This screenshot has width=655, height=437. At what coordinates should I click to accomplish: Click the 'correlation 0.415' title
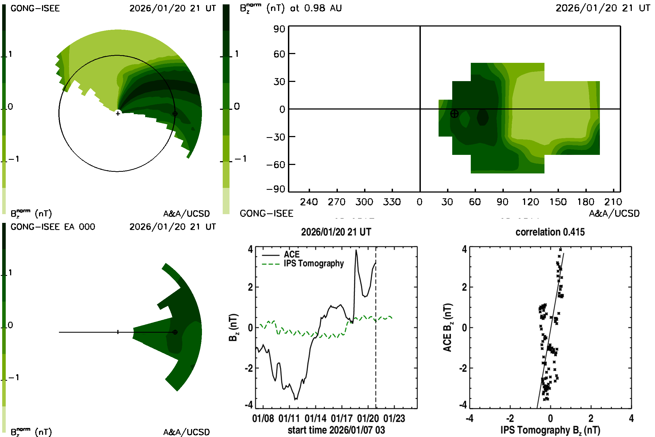[550, 232]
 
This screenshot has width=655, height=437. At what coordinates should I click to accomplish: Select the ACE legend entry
[291, 255]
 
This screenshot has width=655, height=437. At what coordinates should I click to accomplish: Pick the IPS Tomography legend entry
[314, 263]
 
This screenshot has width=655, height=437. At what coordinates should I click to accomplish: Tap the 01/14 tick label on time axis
[315, 418]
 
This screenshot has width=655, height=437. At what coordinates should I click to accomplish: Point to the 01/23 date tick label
[394, 418]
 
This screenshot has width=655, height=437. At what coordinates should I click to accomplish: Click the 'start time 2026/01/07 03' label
[336, 430]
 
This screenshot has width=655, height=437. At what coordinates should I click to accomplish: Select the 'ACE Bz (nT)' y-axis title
[448, 327]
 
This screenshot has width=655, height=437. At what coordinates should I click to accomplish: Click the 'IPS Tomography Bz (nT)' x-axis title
[550, 430]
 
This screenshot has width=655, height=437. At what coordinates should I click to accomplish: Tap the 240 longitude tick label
[309, 202]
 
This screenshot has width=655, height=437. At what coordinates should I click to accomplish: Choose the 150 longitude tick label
[558, 202]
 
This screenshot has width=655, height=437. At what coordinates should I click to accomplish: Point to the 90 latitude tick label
[279, 29]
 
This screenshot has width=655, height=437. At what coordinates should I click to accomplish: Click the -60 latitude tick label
[276, 165]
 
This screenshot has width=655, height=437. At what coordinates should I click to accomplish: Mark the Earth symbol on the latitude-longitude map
[454, 114]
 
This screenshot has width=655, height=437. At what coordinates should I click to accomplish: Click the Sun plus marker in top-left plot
[118, 113]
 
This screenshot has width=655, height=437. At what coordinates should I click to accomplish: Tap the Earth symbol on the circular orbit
[175, 114]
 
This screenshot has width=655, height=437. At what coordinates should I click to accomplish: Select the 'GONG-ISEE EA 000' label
[53, 227]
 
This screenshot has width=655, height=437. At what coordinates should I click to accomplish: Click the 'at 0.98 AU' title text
[316, 8]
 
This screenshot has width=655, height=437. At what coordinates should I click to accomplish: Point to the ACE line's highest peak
[356, 250]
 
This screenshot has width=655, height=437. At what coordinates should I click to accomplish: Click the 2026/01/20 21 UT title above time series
[336, 232]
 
